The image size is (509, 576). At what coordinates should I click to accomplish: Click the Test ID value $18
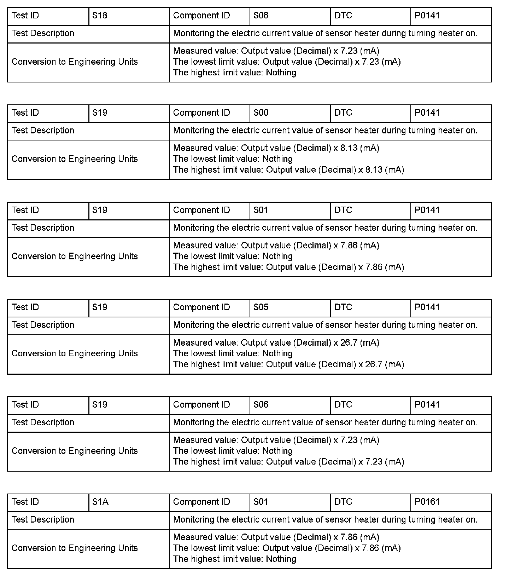[100, 16]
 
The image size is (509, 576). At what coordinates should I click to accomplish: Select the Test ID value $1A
[100, 502]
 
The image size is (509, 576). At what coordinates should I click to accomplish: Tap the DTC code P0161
[427, 502]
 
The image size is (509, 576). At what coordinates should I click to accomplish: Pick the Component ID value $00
[261, 113]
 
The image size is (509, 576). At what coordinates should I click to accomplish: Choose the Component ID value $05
[261, 307]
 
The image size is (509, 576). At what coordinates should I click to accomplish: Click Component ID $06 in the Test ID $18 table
[261, 16]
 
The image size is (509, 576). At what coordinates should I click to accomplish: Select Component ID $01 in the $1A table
[261, 502]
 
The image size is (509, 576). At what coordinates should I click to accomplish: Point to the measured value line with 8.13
[276, 148]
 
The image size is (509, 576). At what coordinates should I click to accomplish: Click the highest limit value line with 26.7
[288, 364]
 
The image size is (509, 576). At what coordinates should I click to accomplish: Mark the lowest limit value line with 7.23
[287, 62]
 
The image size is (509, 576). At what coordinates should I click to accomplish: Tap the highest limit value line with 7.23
[288, 462]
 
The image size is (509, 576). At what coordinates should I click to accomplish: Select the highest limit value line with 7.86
[288, 267]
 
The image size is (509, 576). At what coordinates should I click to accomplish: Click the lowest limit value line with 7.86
[287, 548]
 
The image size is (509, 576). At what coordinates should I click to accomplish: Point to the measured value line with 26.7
[276, 343]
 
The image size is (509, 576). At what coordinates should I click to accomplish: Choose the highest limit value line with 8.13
[288, 170]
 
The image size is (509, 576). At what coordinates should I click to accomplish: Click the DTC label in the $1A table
[343, 502]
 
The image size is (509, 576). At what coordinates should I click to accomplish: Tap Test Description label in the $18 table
[43, 34]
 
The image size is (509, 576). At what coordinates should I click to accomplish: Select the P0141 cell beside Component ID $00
[427, 113]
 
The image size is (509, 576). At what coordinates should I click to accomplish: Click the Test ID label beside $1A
[25, 502]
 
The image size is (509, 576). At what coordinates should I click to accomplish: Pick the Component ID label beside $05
[201, 307]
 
